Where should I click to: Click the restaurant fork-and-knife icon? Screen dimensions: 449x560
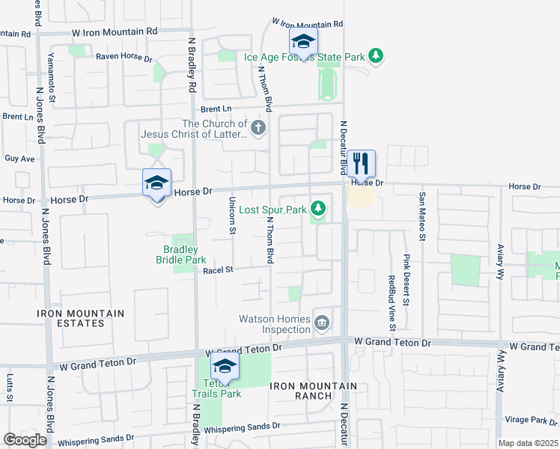[x=361, y=164]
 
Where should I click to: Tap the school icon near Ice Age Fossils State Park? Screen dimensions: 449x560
[x=303, y=42]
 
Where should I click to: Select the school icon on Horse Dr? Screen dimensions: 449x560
[x=157, y=183]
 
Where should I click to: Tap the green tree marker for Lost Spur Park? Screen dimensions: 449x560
[x=318, y=208]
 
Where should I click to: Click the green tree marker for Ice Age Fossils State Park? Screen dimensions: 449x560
[x=377, y=56]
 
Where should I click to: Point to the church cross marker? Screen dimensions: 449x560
[x=258, y=128]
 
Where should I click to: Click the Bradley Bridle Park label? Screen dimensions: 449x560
[x=180, y=254]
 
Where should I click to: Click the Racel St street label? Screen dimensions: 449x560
[x=219, y=269]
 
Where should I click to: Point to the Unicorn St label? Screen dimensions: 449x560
[x=232, y=216]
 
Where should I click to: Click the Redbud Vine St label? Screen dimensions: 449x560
[x=392, y=303]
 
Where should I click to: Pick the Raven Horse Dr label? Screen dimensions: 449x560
[x=124, y=57]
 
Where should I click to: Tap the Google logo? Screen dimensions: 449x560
[x=25, y=440]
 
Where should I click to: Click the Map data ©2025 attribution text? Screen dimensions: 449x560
[x=528, y=443]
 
